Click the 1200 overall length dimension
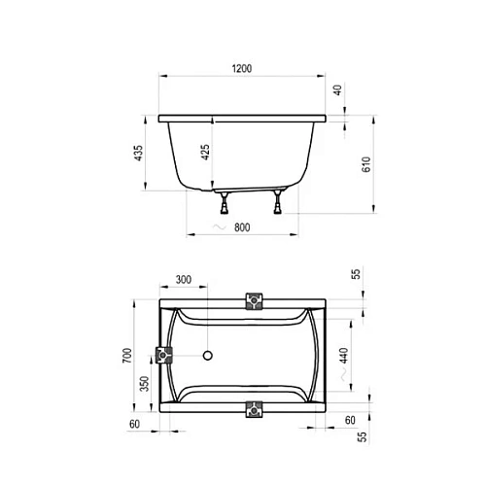(x=242, y=68)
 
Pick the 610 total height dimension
(x=365, y=165)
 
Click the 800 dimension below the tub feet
(x=243, y=226)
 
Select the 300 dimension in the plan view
(x=184, y=279)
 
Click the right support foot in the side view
(x=279, y=202)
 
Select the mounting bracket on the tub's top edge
(x=255, y=299)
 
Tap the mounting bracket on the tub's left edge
(x=162, y=354)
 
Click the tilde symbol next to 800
(x=216, y=227)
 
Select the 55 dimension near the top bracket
(x=356, y=275)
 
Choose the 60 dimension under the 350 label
(x=134, y=425)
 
